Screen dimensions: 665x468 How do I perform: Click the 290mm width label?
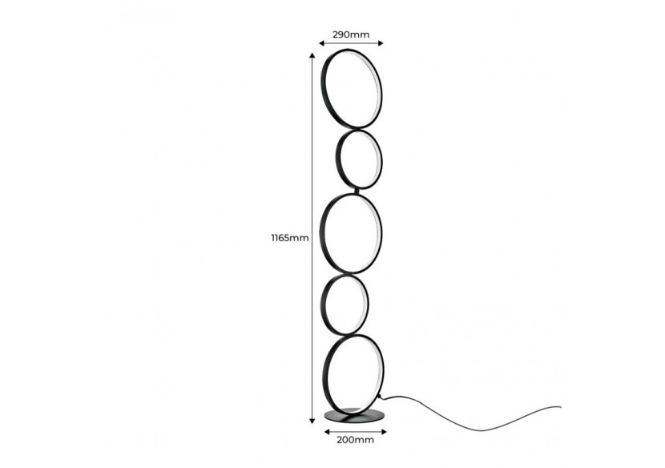351,34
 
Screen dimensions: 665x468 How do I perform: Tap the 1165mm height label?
290,238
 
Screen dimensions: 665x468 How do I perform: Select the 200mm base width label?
356,440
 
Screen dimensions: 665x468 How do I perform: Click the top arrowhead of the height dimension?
312,55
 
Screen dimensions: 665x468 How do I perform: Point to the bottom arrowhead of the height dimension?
312,421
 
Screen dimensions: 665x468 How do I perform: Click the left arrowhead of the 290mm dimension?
322,42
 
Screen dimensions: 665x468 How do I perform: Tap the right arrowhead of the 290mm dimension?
381,42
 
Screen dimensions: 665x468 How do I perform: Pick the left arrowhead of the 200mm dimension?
327,432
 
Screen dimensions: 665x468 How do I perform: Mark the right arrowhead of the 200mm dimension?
384,432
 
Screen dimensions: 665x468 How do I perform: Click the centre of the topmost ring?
351,88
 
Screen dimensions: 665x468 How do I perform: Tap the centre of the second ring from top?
359,159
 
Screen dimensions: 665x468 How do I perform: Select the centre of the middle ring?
351,233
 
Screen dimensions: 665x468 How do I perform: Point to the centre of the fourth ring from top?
345,304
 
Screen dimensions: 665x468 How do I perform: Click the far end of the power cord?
560,408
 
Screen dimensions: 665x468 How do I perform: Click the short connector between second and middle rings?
358,192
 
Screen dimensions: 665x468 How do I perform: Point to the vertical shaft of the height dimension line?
312,239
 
